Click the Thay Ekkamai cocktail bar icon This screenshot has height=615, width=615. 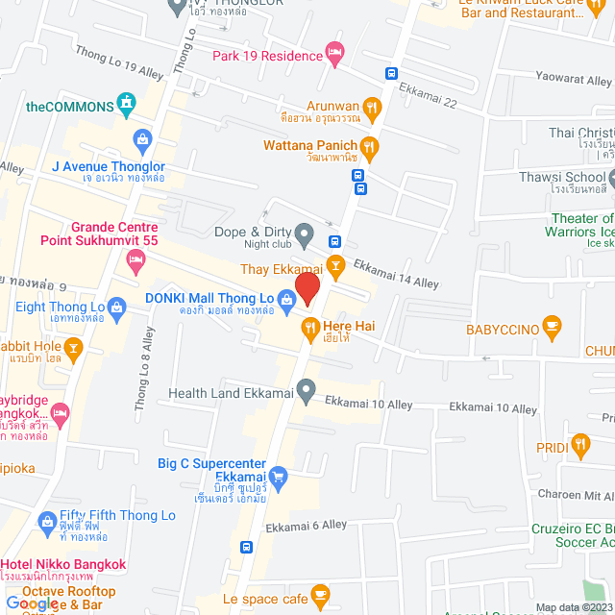click(335, 264)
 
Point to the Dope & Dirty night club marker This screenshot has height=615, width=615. click(305, 234)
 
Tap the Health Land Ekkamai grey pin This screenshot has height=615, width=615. click(306, 390)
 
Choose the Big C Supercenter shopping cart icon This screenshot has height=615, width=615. click(279, 475)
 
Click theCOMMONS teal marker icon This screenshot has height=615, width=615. click(126, 102)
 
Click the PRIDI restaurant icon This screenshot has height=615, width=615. click(579, 444)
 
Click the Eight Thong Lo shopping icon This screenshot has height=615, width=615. click(116, 308)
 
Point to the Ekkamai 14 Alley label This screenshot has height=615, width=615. click(395, 276)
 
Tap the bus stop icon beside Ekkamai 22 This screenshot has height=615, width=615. click(391, 73)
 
